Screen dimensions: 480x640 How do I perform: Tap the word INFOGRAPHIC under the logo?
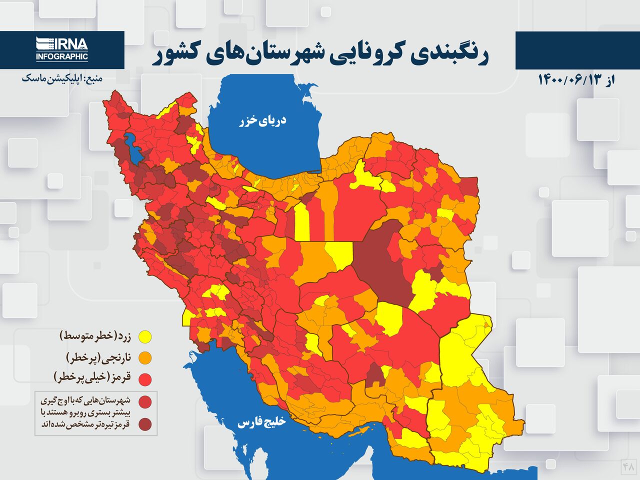pyautogui.click(x=62, y=57)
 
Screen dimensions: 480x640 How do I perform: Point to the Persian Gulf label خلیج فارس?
pyautogui.click(x=261, y=422)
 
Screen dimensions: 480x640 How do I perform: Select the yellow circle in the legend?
pyautogui.click(x=145, y=337)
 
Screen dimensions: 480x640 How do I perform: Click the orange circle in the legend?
pyautogui.click(x=145, y=358)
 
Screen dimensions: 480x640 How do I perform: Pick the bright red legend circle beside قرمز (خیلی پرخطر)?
pyautogui.click(x=145, y=379)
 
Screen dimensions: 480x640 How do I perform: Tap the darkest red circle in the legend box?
pyautogui.click(x=145, y=424)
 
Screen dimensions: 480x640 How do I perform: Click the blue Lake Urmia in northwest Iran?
pyautogui.click(x=134, y=148)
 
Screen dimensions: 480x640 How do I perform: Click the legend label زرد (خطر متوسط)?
pyautogui.click(x=95, y=336)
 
